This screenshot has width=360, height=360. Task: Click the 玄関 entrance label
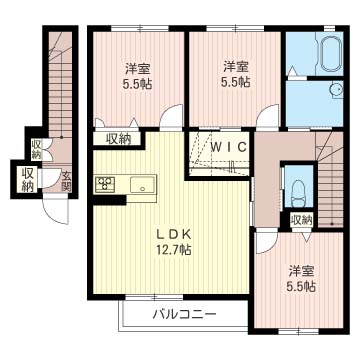point(66,182)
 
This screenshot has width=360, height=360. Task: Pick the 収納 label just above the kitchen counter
point(120,139)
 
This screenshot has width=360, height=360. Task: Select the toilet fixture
point(298,188)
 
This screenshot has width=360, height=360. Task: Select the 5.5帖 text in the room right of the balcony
point(301,287)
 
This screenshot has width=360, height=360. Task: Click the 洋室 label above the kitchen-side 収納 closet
point(138,68)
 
